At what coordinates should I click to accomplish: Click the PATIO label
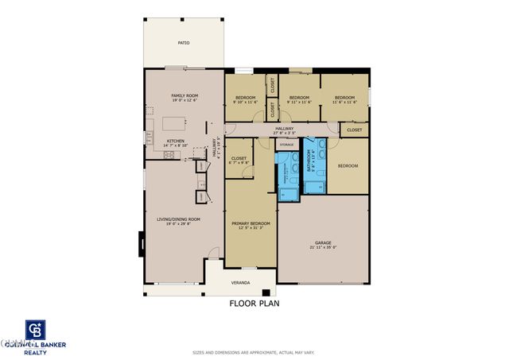183,44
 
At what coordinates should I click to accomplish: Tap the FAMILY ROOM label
185,95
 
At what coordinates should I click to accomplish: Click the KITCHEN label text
175,141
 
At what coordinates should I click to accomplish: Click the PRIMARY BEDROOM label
251,223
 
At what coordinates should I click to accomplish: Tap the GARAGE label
323,242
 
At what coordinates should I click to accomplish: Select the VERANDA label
240,283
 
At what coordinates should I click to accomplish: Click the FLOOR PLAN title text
254,303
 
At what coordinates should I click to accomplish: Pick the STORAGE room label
286,145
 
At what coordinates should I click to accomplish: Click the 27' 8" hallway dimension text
285,133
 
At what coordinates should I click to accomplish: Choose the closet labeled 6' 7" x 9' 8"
239,163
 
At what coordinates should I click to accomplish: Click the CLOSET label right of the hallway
354,130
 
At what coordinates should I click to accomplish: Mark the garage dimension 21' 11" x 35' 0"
323,247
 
